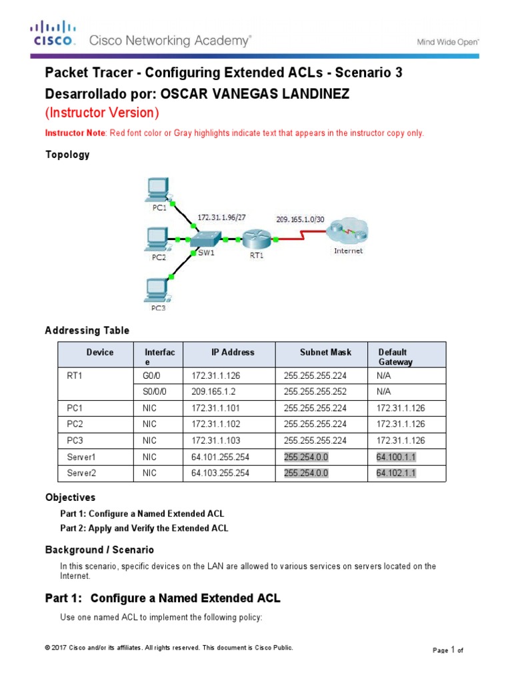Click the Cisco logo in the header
click(x=54, y=33)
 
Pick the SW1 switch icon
click(x=206, y=239)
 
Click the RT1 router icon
click(x=256, y=238)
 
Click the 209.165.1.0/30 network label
click(x=300, y=218)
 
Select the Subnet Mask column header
click(x=317, y=352)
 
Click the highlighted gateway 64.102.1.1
click(x=396, y=473)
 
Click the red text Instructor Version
click(x=102, y=113)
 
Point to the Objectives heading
click(x=70, y=498)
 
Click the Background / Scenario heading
click(x=99, y=550)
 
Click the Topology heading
click(x=67, y=155)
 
